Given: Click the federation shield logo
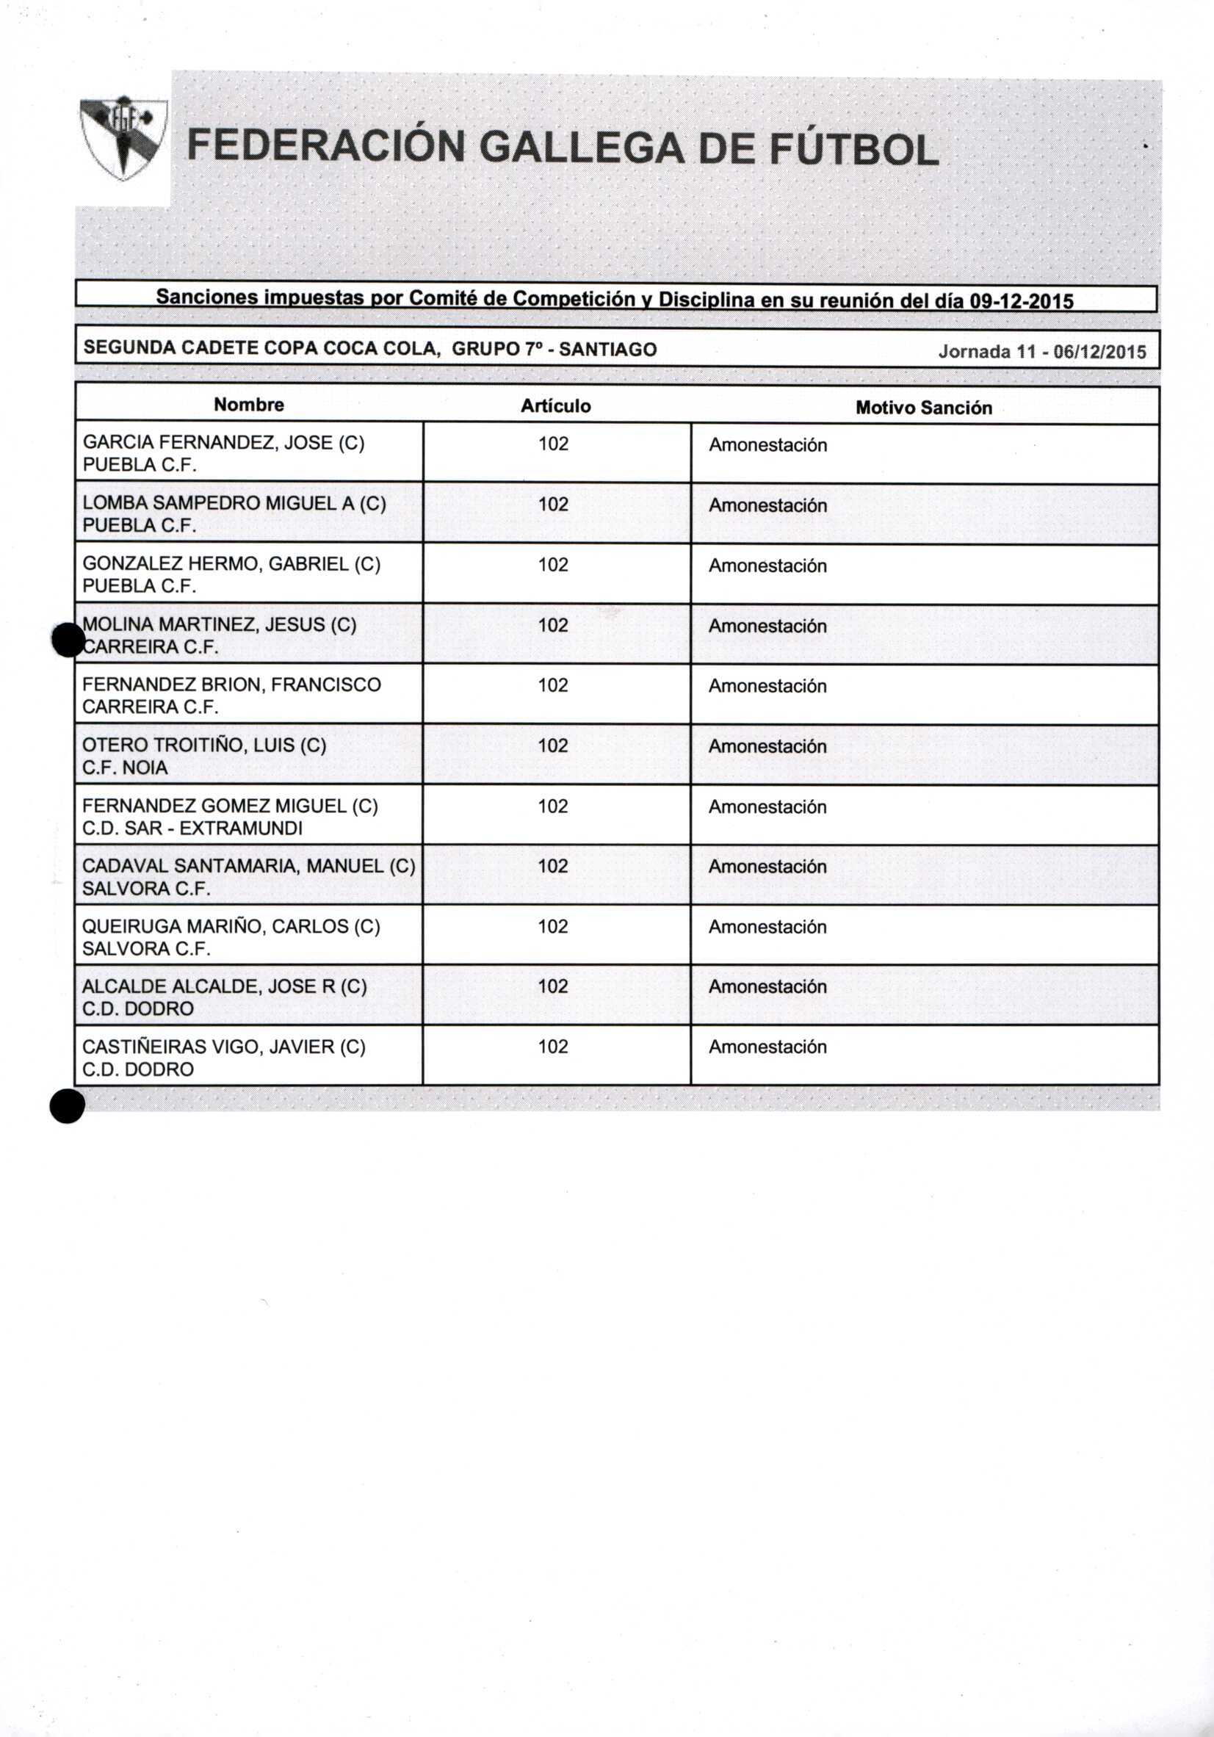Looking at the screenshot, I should coord(123,137).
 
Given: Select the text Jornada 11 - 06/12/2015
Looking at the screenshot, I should coord(1041,352).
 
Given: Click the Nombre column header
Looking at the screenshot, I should coord(249,405).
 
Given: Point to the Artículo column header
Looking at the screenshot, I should coord(556,406).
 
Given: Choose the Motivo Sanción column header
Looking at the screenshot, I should coord(924,408).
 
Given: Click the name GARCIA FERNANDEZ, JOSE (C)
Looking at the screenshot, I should coord(223,443).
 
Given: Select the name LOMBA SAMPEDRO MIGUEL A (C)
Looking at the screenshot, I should coord(234,503).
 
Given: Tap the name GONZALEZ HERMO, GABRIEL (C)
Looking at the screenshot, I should coord(231,563).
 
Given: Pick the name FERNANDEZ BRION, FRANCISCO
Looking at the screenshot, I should coord(231,685).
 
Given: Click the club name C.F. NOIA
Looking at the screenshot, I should coord(125,767).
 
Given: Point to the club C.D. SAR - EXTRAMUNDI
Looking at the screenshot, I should coord(192,828).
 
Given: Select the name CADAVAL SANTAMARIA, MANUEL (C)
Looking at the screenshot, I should coord(249,865).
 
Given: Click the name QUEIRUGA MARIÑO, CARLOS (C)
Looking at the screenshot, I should coord(231,926).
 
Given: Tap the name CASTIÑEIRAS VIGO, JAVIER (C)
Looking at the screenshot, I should coord(224,1047).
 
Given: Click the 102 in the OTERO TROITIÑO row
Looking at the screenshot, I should coord(553,746).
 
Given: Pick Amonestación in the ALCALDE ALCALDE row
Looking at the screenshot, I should coord(767,986).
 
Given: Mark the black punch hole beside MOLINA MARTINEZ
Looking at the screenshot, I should coord(68,640).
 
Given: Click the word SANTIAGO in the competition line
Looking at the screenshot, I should coord(607,350).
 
